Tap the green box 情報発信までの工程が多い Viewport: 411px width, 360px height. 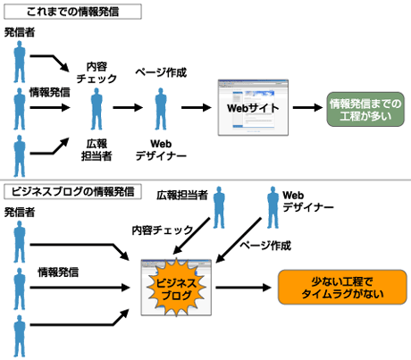(365, 110)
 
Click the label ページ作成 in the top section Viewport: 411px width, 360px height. (161, 72)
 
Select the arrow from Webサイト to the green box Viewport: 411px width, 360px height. (306, 109)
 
